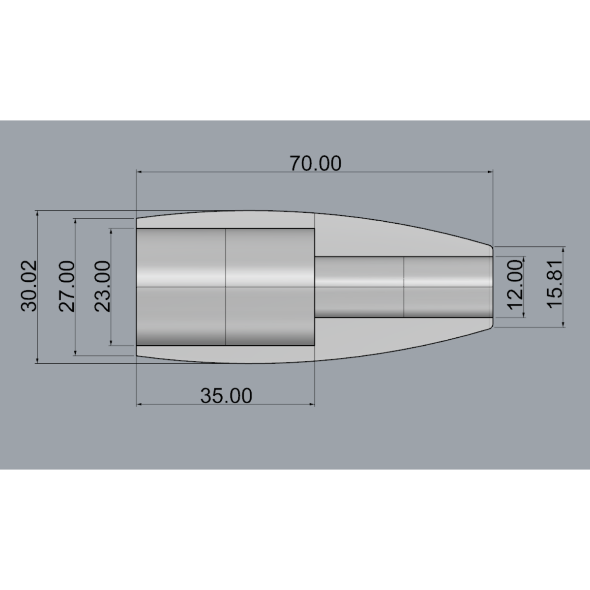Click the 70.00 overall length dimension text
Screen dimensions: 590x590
click(x=315, y=163)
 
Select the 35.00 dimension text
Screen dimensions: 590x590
click(x=226, y=395)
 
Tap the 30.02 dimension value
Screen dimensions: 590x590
click(x=29, y=286)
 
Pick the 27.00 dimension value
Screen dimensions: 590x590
click(x=67, y=286)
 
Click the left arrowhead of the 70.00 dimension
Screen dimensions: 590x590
click(x=140, y=172)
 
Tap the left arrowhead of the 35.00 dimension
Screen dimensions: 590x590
click(x=140, y=404)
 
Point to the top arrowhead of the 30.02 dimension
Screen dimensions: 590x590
click(x=37, y=214)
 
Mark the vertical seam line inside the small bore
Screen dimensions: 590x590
click(x=404, y=287)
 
